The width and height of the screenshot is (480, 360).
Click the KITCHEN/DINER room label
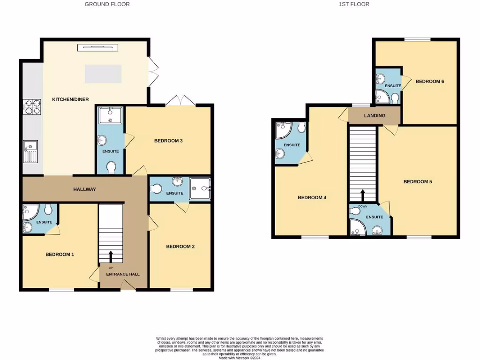point(70,99)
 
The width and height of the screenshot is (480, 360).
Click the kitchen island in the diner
point(103,74)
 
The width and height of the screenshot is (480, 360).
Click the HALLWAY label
point(84,189)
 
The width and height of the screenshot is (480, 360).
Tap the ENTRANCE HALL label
point(123,274)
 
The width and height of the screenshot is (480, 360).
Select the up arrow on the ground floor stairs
point(111,256)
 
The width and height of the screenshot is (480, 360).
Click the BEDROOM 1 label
point(60,255)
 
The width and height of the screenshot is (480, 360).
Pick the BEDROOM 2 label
point(180,247)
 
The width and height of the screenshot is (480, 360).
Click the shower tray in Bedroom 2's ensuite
point(200,189)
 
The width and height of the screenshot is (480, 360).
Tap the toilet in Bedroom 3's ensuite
point(112,167)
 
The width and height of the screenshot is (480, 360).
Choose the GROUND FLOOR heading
point(107,4)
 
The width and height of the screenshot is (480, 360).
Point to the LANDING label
point(375,116)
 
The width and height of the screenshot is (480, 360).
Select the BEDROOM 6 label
point(429,82)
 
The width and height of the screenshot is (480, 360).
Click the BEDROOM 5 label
point(418,181)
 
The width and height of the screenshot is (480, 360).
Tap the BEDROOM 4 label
point(312,197)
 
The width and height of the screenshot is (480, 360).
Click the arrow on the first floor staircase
point(362,194)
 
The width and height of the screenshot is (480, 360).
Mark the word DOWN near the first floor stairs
point(362,206)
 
